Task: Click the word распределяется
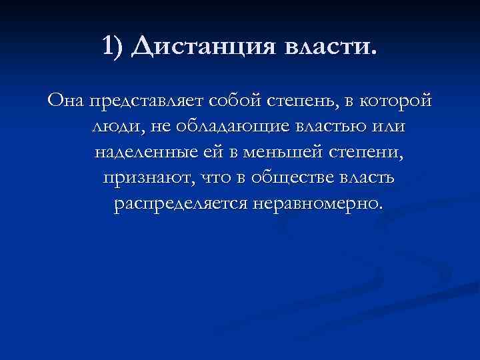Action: [x=180, y=203]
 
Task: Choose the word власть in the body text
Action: [x=367, y=178]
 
